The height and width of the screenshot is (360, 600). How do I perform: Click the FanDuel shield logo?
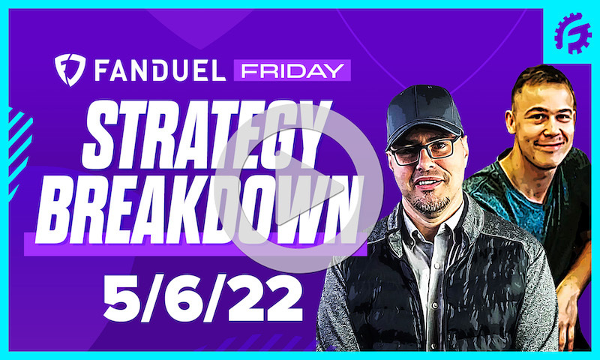[x=69, y=70]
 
